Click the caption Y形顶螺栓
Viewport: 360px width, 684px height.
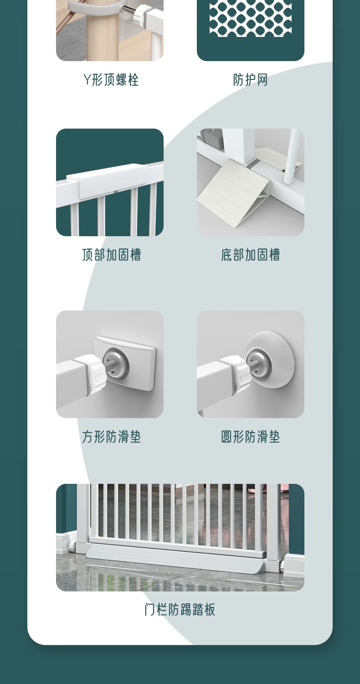tap(111, 80)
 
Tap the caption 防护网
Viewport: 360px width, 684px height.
tap(251, 80)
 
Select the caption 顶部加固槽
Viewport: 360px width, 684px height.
tap(111, 254)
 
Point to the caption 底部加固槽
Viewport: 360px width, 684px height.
tap(251, 254)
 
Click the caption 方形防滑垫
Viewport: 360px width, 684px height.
tap(111, 437)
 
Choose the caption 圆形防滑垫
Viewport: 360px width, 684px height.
tap(251, 437)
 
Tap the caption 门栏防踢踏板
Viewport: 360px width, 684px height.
tap(180, 616)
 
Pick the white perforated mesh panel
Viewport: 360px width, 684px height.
tap(250, 17)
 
